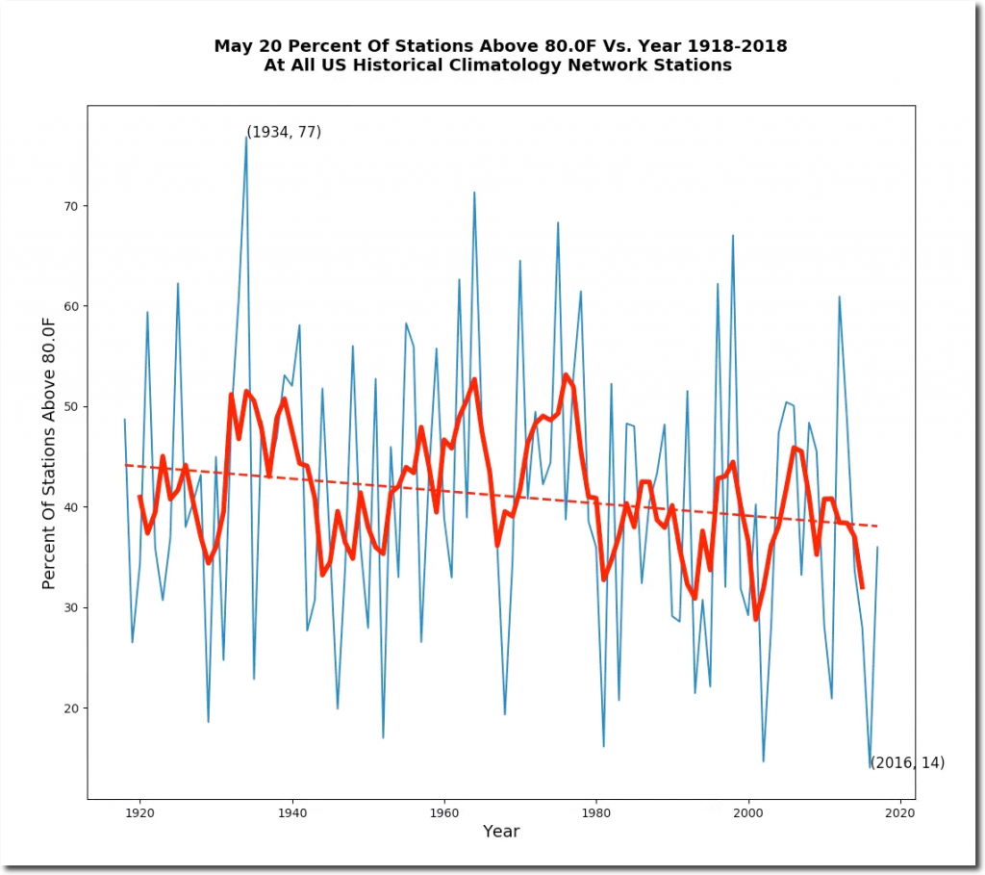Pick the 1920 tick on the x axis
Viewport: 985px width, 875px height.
[139, 799]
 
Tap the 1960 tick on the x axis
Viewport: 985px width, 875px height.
[443, 799]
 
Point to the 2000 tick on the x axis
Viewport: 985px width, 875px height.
[748, 799]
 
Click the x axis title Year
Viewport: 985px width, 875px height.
[501, 832]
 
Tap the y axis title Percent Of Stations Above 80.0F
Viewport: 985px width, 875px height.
[49, 451]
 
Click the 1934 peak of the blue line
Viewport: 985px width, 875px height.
[246, 136]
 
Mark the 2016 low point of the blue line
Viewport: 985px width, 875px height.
[870, 767]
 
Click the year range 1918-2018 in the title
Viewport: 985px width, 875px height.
[733, 46]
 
